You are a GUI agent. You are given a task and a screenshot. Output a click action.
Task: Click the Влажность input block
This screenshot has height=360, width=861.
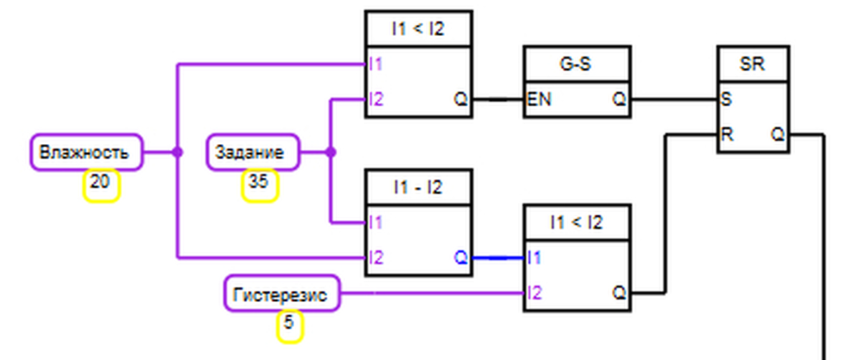tap(85, 152)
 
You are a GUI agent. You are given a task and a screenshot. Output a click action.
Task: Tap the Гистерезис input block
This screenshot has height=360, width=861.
tap(281, 293)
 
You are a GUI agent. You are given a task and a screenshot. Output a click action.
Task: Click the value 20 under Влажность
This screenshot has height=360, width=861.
tap(100, 184)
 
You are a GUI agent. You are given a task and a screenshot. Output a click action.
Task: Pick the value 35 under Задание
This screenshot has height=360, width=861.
tap(259, 184)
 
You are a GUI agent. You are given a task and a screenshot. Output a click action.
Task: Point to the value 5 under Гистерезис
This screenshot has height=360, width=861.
tap(289, 323)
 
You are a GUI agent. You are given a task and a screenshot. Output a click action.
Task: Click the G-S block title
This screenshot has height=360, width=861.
tap(577, 64)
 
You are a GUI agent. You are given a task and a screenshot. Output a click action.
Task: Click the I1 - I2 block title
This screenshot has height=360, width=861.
tap(418, 187)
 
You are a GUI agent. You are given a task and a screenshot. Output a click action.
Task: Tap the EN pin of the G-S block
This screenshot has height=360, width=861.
tap(539, 99)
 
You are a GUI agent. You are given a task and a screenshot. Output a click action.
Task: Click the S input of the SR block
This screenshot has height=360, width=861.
tap(725, 99)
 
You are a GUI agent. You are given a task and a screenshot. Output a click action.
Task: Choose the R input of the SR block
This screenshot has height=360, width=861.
tap(726, 133)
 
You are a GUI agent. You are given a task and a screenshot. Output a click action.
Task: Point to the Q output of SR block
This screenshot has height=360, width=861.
tap(777, 133)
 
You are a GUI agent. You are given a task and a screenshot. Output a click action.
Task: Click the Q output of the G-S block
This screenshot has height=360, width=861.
tap(618, 99)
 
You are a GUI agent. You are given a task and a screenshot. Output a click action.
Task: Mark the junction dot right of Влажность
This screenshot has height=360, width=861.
tap(177, 152)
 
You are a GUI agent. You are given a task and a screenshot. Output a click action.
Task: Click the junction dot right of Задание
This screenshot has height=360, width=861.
tap(330, 152)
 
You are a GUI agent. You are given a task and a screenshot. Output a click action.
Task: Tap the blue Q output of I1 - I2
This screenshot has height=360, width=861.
tap(460, 257)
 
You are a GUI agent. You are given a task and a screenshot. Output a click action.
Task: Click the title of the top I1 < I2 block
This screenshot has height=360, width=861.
tap(418, 29)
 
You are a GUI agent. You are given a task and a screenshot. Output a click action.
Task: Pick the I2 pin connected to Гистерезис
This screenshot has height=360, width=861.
tap(534, 293)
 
